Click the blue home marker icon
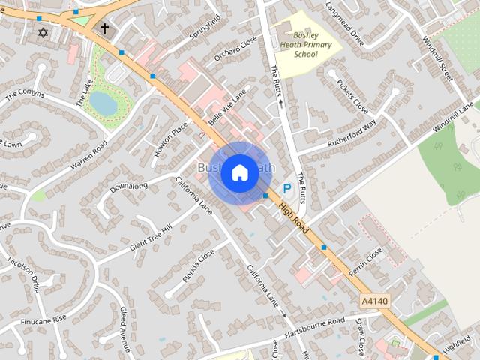(x=239, y=172)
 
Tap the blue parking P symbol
(x=286, y=190)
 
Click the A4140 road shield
(x=374, y=300)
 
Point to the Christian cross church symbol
(x=104, y=29)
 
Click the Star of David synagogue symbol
(x=43, y=34)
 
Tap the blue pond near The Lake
(x=103, y=103)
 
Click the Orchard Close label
(x=235, y=47)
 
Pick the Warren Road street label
(x=89, y=154)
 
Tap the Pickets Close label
(x=352, y=96)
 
